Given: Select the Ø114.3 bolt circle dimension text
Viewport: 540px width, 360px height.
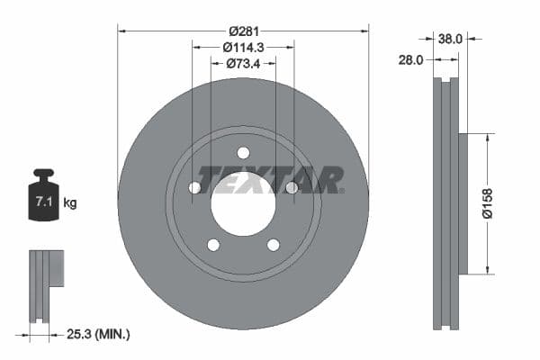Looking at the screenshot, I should pos(243,47).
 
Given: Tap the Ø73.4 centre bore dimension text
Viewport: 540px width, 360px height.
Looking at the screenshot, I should pos(243,63).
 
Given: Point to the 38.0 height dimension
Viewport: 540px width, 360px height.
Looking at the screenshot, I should pos(449,39).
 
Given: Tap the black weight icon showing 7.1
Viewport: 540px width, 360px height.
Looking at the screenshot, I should pos(43,193).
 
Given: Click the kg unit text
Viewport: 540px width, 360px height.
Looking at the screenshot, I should pos(70,203).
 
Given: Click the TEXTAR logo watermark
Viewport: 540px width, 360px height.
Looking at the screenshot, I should pos(270,179).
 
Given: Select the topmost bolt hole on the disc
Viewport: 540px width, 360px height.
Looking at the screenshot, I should pos(243,153).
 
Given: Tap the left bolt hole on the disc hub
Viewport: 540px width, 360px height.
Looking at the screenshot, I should pos(194,187).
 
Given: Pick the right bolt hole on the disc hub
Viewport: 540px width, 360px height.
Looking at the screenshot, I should pos(291,187).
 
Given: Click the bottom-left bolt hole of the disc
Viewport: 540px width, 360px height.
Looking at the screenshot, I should pos(213,244).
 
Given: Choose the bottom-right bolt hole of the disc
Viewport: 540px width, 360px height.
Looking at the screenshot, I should pos(273,244).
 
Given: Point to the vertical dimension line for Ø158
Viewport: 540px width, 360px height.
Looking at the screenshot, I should pos(488,162).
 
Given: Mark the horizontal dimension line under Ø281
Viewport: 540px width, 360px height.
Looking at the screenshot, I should pos(180,31).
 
